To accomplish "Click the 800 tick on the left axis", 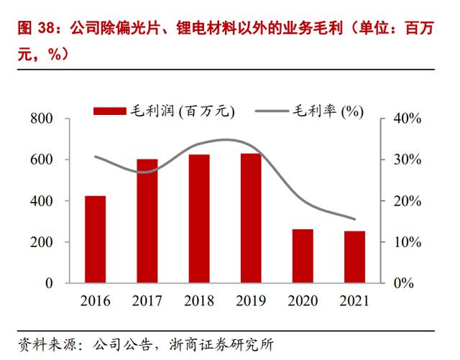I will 42,119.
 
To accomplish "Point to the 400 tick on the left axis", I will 42,201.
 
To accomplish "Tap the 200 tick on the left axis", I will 42,242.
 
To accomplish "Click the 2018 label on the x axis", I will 199,301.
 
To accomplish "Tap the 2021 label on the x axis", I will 355,301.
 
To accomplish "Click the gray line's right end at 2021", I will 355,219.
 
